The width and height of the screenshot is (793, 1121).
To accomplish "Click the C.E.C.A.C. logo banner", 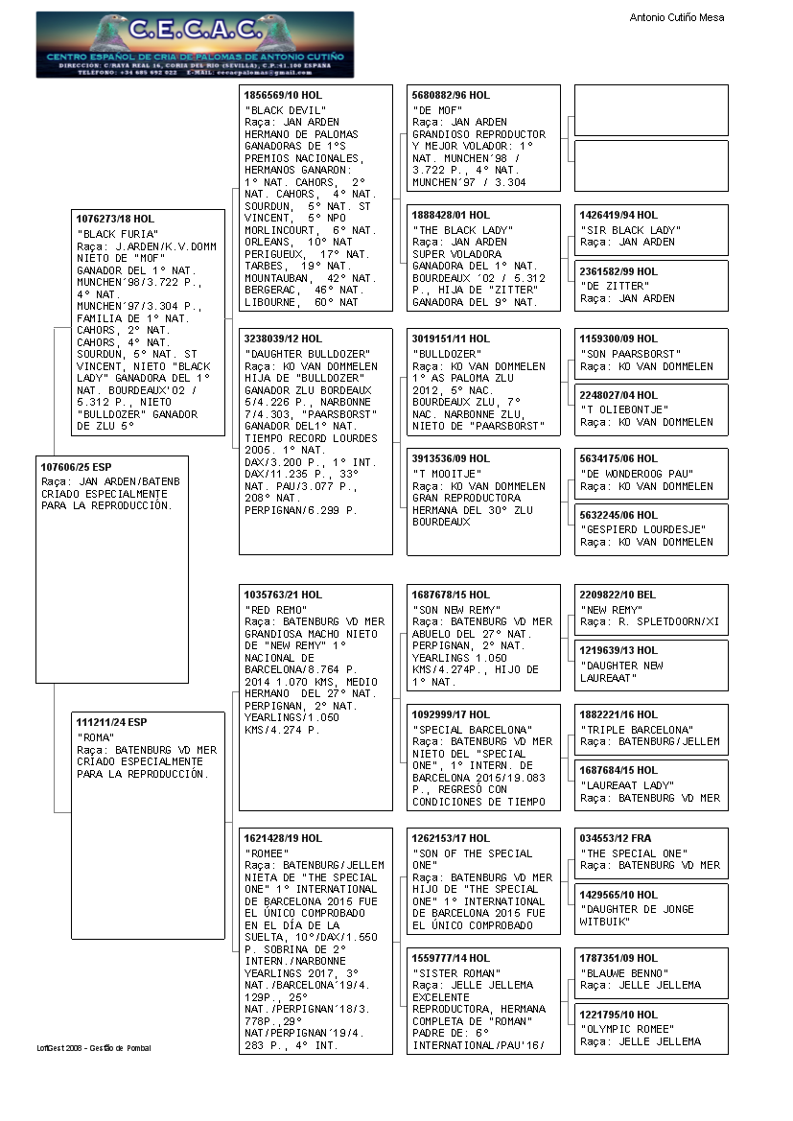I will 195,44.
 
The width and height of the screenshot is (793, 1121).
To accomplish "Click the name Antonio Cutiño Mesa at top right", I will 676,17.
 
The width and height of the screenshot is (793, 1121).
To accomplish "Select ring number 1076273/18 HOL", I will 115,219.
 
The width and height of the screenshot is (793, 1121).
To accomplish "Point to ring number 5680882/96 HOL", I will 451,96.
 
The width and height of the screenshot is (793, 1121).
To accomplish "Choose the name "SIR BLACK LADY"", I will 630,230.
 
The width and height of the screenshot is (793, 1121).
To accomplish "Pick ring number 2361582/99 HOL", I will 618,271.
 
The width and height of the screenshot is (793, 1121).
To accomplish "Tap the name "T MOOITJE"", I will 445,474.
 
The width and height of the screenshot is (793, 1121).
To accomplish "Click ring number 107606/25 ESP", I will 76,467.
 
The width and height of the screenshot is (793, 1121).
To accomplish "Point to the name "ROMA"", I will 96,736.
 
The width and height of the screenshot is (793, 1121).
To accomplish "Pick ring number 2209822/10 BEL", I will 618,595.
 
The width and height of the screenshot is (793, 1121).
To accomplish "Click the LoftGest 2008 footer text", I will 94,1047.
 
